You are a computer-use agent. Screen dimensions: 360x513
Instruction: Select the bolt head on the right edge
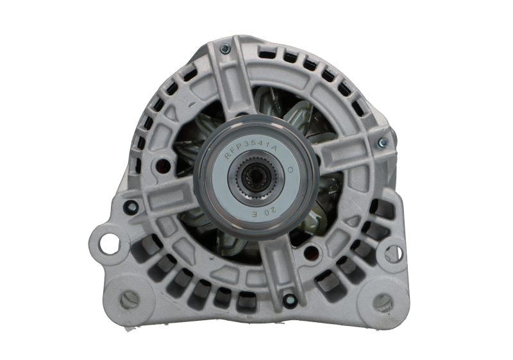tap(383, 141)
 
